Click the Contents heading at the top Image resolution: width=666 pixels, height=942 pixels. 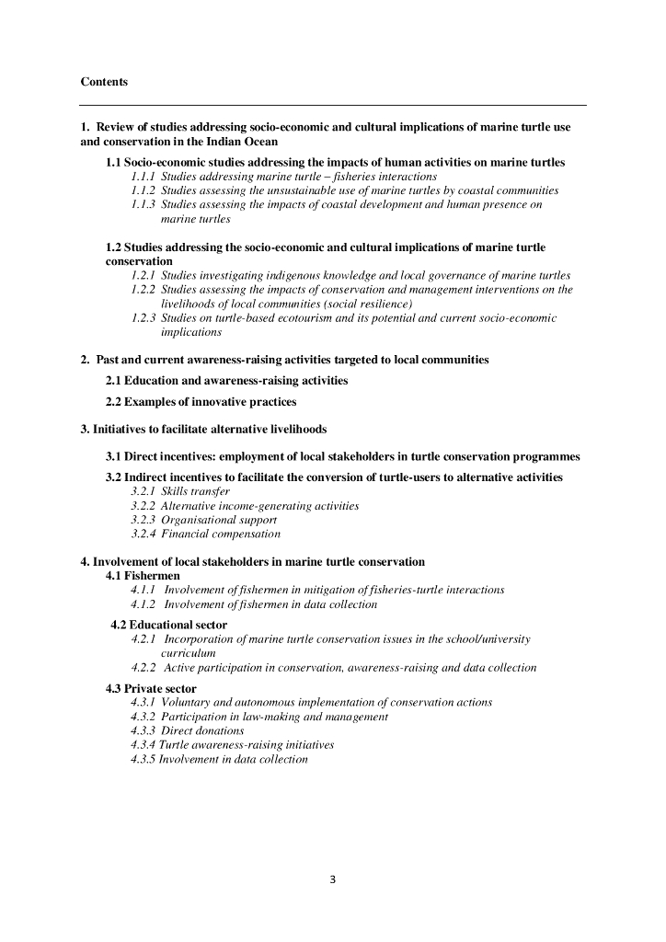[x=104, y=82]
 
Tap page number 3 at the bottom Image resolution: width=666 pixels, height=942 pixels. [x=333, y=879]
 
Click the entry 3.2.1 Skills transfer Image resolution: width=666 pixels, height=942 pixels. [x=180, y=492]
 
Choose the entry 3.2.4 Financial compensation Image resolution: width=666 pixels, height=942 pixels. [x=205, y=534]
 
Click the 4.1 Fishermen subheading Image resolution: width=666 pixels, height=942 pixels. [x=143, y=576]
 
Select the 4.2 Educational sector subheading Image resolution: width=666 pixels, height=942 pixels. [x=169, y=625]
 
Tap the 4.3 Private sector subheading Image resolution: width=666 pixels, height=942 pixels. [x=151, y=688]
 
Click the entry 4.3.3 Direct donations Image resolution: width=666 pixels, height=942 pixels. [x=188, y=730]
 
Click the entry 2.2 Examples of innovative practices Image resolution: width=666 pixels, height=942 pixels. [x=201, y=402]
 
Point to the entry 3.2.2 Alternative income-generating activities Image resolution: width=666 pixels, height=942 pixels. [x=245, y=506]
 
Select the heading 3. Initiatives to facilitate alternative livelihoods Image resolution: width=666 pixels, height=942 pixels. [x=203, y=429]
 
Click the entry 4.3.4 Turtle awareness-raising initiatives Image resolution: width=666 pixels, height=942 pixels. [x=232, y=745]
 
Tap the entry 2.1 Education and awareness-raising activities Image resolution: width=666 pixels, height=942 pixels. [x=226, y=380]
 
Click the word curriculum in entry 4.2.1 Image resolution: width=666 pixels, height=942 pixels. [x=189, y=652]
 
